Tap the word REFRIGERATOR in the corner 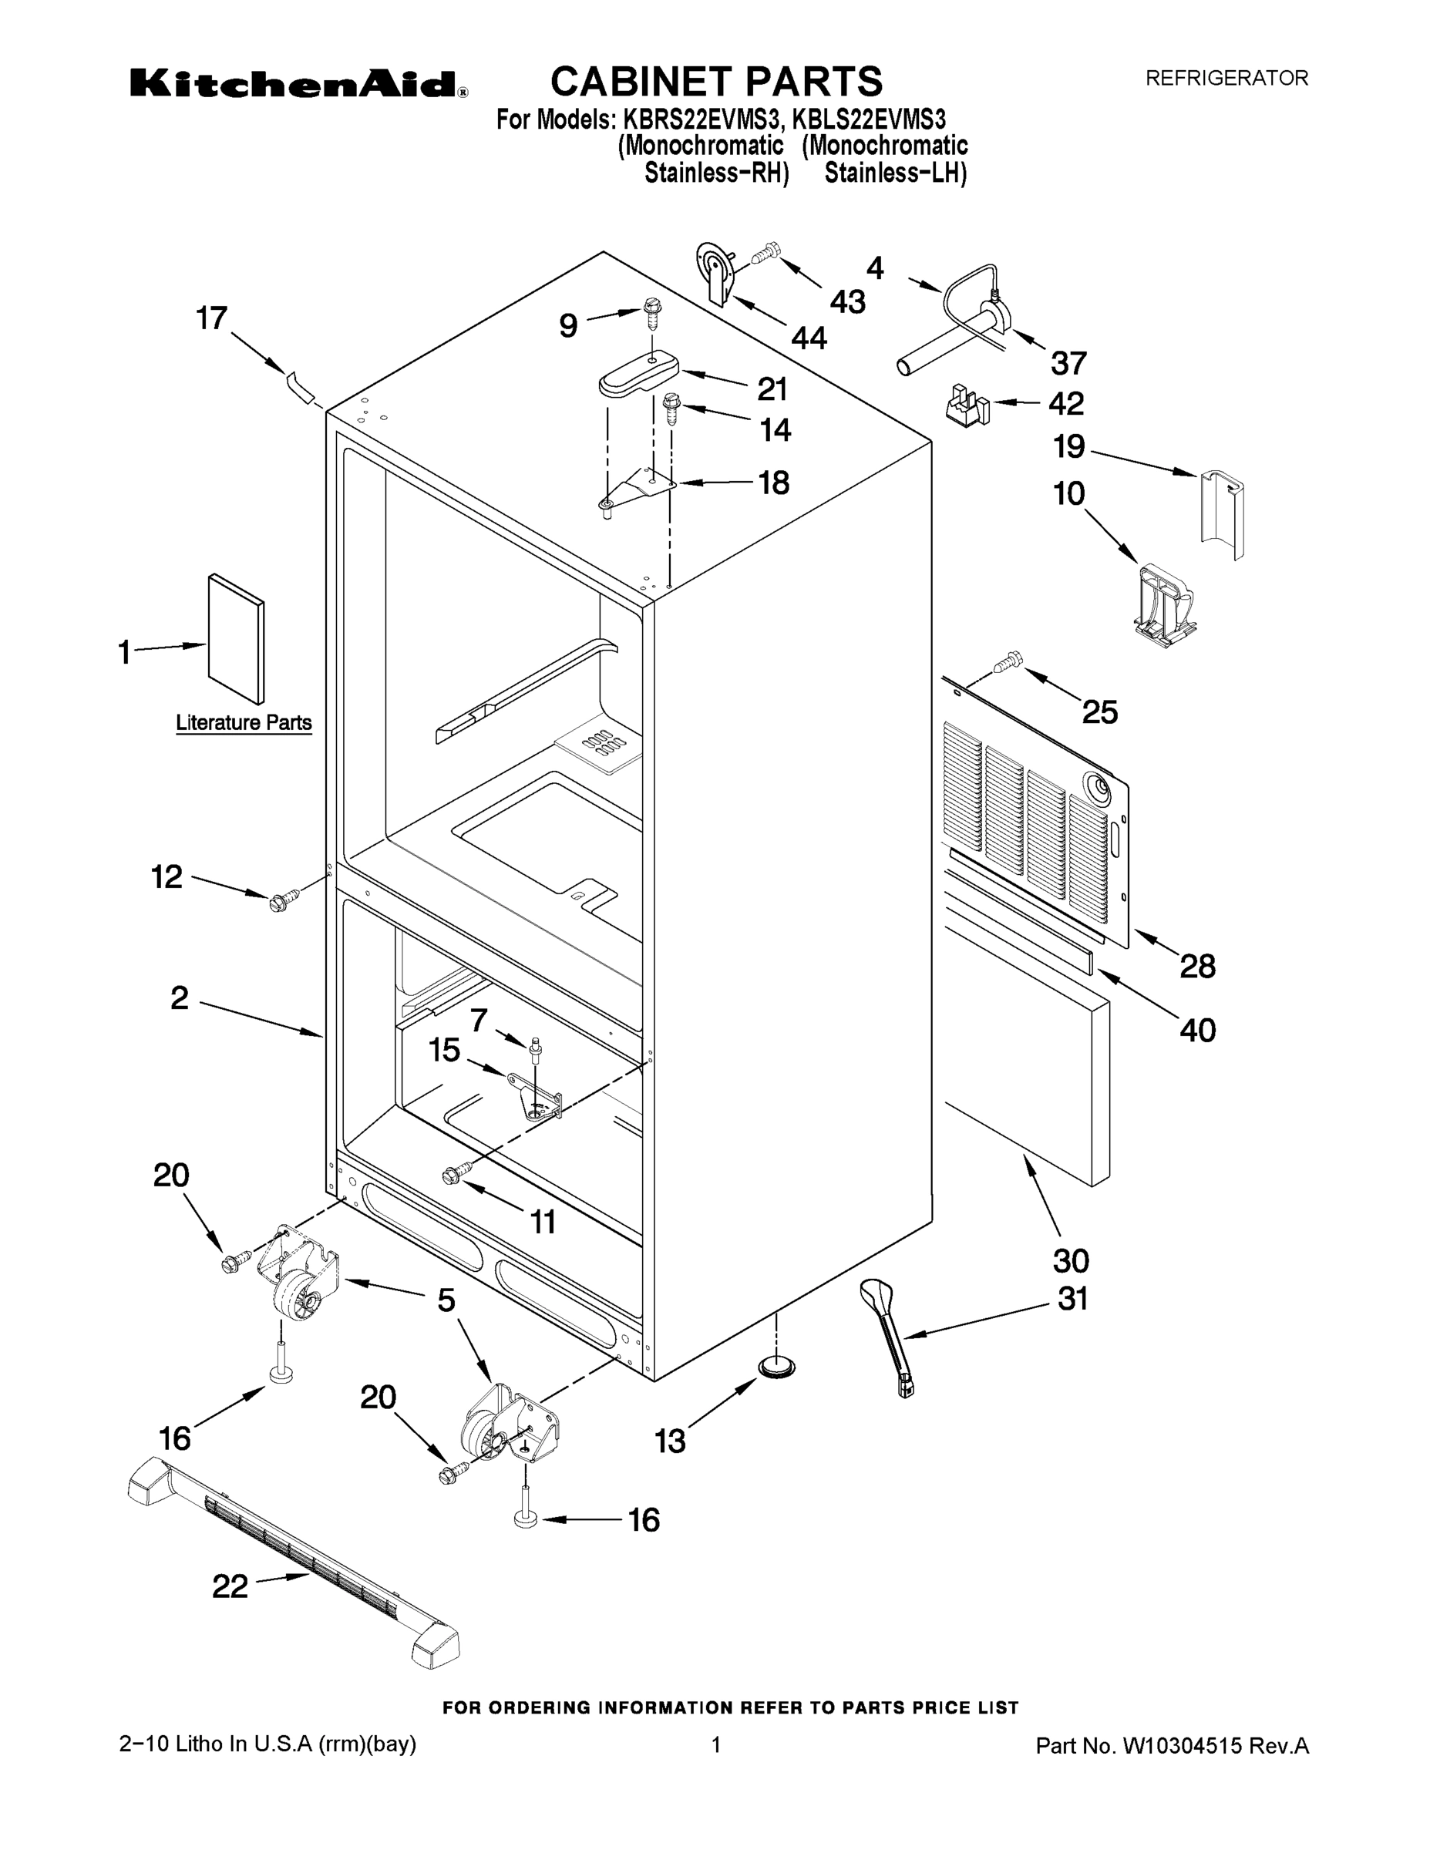click(x=1226, y=78)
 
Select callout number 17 click(x=212, y=318)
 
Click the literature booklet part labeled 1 click(x=236, y=639)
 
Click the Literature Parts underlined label click(x=243, y=722)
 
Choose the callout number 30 click(x=1070, y=1260)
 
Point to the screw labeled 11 click(x=455, y=1174)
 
